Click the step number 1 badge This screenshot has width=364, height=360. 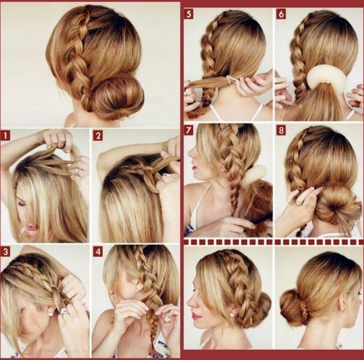point(5,136)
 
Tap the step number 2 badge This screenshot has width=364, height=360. point(98,136)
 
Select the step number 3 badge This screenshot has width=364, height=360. point(5,252)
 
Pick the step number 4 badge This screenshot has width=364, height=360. point(98,252)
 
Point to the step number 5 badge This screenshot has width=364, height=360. point(189,14)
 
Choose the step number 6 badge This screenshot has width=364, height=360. point(281,14)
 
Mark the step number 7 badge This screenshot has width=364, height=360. point(189,130)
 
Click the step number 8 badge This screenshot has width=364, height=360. point(281,130)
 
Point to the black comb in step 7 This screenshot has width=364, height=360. point(261,218)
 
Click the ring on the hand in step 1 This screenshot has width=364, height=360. point(78,171)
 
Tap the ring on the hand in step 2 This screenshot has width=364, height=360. point(165,177)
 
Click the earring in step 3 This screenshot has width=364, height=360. point(50,314)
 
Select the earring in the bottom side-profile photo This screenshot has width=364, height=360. point(232,315)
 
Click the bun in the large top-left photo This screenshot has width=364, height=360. point(116,96)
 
